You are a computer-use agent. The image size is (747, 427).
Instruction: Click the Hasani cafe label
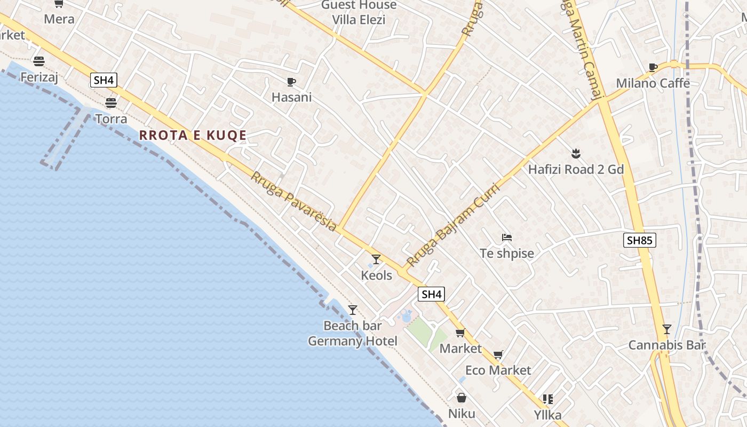tap(291, 97)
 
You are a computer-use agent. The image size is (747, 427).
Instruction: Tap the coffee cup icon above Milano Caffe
tap(653, 67)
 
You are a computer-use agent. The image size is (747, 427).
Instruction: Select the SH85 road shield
tap(639, 240)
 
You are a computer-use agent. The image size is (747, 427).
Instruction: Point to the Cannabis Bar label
tap(666, 345)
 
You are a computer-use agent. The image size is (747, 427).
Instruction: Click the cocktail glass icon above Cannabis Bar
tap(666, 329)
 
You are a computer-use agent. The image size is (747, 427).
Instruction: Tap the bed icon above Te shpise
tap(506, 237)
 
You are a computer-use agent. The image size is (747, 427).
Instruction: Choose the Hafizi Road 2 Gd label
tap(576, 170)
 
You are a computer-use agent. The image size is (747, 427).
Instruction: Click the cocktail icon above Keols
tap(376, 259)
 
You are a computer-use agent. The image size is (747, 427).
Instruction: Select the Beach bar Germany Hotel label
tap(353, 334)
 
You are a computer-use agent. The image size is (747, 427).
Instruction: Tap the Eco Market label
tap(498, 370)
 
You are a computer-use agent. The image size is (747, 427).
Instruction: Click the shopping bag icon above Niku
tap(462, 398)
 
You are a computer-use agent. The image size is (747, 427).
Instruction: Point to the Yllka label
tap(547, 414)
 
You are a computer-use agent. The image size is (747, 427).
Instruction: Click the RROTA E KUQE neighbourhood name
tap(193, 135)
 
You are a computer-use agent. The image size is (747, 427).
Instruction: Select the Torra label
tap(111, 118)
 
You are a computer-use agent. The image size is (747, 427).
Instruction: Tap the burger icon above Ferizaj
tap(38, 61)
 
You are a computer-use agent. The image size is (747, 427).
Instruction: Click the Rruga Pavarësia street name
tap(293, 202)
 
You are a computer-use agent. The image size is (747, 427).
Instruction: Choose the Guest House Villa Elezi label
tap(359, 13)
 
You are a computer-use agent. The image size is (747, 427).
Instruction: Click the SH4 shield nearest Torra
tap(104, 81)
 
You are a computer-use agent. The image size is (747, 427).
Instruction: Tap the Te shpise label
tap(506, 254)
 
